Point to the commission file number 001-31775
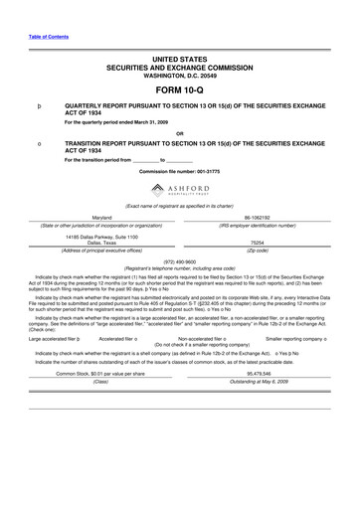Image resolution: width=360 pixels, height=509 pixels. click(179, 172)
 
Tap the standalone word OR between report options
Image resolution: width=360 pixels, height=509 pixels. click(179, 132)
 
